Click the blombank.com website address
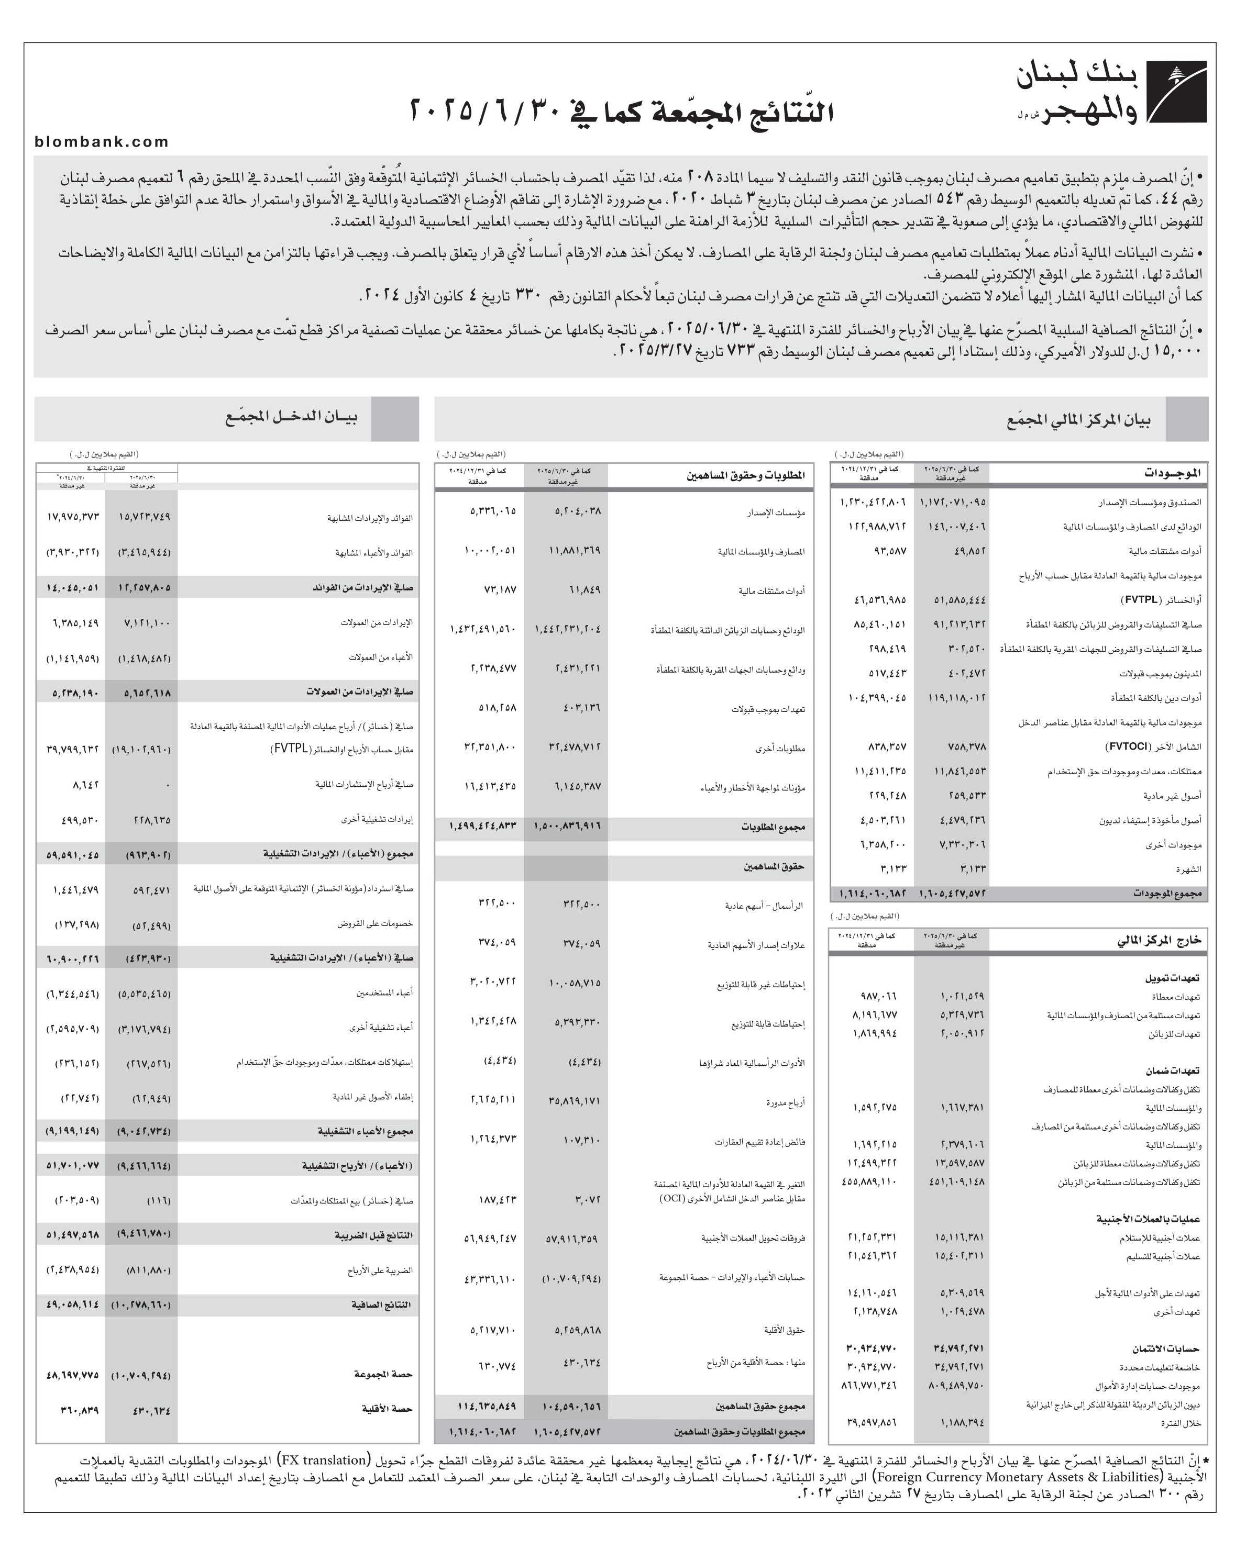[x=102, y=142]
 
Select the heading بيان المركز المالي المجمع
[x=1078, y=420]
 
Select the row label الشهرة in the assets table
[x=1189, y=869]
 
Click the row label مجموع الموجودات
[x=1167, y=894]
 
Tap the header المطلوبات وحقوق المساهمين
[x=746, y=475]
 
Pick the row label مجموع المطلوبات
[x=773, y=827]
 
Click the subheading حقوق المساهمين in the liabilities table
[x=774, y=866]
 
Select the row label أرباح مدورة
[x=786, y=1103]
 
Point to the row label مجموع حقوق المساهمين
[x=760, y=1406]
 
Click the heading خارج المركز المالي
[x=1159, y=940]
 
